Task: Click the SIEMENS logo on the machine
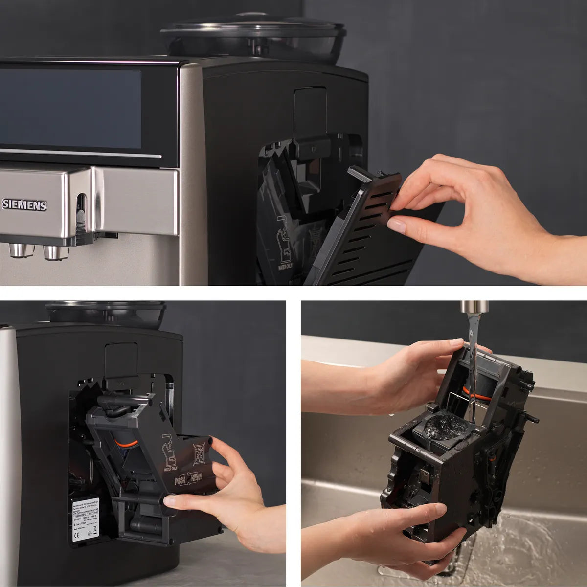click(x=24, y=204)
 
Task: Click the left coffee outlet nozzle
click(x=21, y=251)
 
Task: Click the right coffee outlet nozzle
click(x=55, y=252)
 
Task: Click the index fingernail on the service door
click(x=397, y=225)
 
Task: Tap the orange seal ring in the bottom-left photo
click(x=126, y=444)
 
